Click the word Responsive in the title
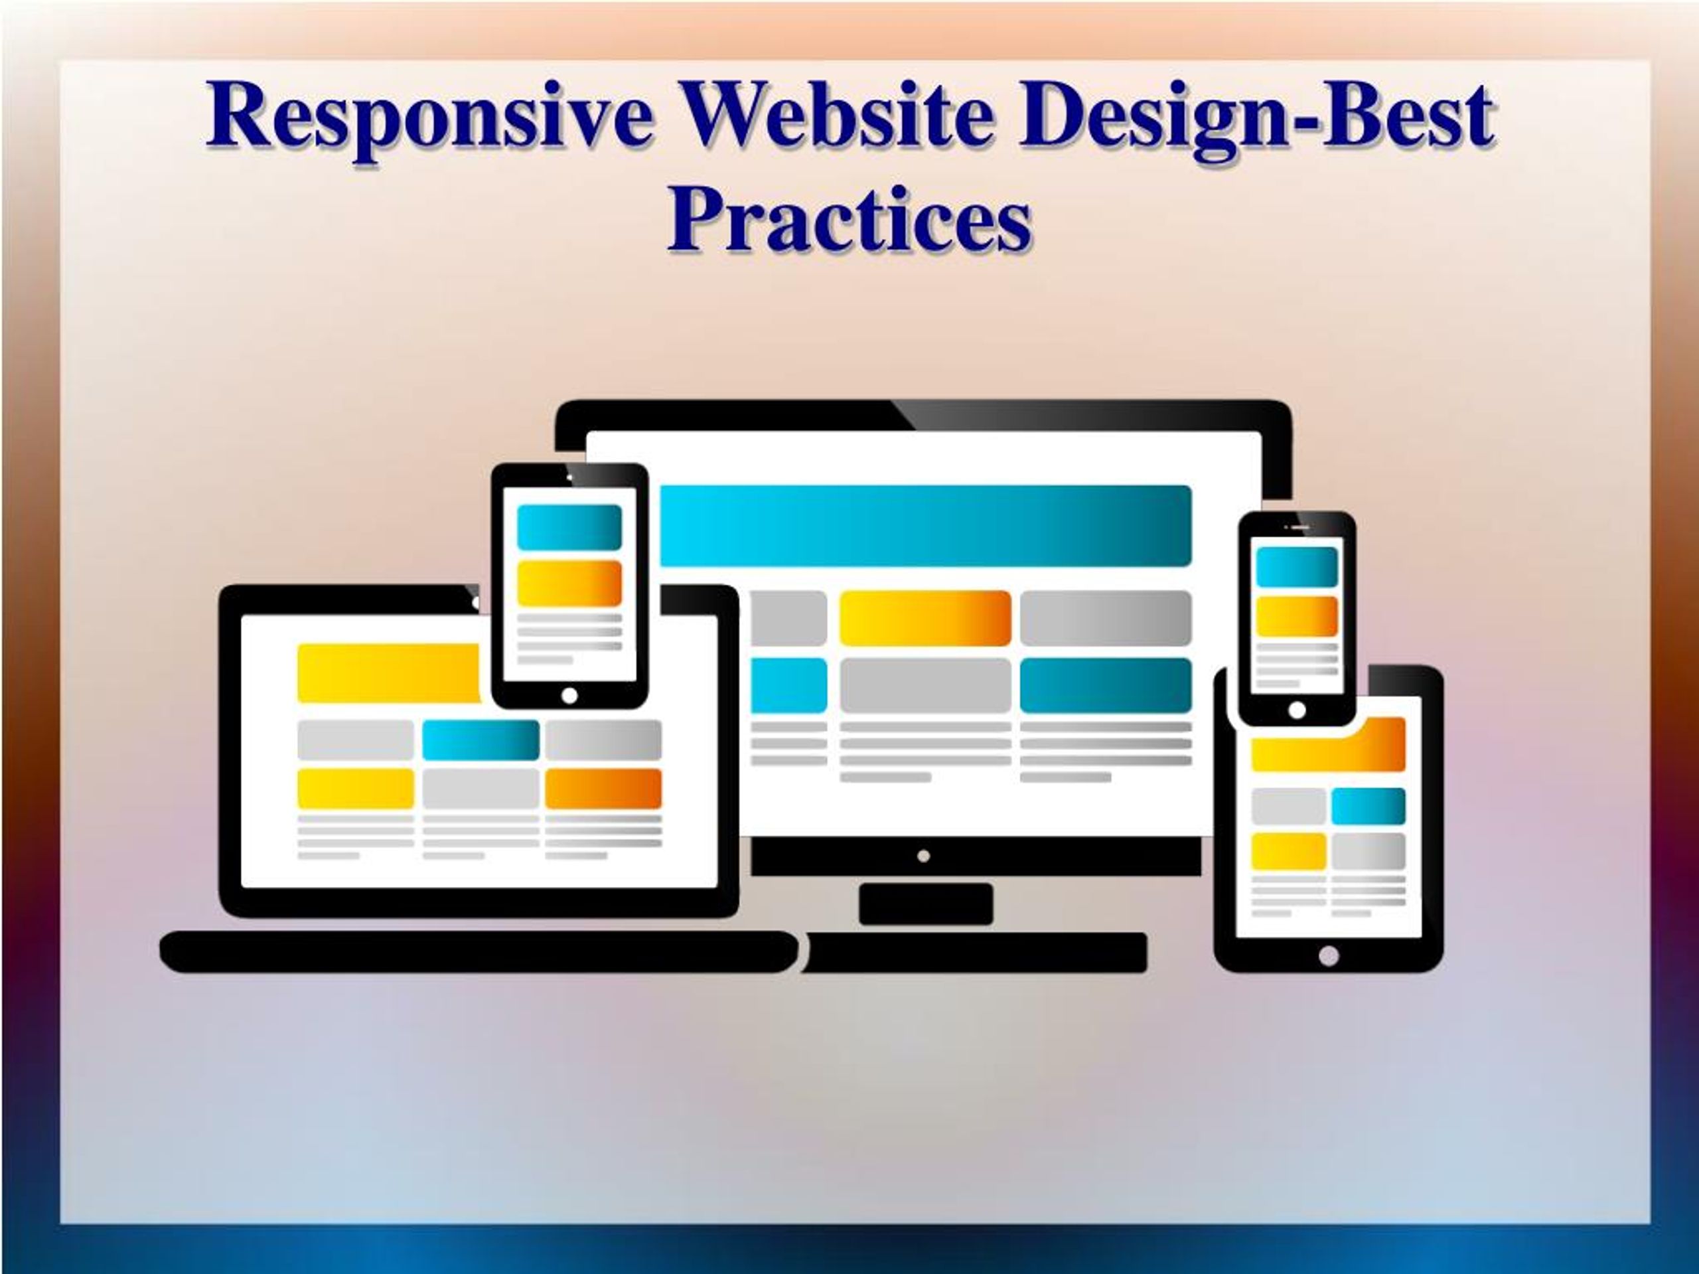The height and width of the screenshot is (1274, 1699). (430, 117)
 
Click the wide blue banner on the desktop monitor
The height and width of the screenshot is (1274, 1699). (926, 526)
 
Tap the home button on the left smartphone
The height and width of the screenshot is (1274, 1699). (569, 695)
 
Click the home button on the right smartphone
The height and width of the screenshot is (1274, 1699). (1297, 710)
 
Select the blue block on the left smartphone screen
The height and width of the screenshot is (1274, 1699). (569, 527)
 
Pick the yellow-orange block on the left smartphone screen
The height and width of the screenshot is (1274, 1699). (569, 583)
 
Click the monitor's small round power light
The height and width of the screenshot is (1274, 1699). (924, 856)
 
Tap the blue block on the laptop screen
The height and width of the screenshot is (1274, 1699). (480, 739)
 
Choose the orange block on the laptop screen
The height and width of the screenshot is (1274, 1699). (603, 789)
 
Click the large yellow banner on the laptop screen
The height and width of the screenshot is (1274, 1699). (388, 673)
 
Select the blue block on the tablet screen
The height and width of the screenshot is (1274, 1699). (1368, 806)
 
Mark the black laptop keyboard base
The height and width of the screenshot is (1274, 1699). (478, 952)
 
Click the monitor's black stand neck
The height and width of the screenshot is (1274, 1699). (926, 904)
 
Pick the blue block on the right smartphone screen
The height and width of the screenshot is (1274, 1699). (1297, 567)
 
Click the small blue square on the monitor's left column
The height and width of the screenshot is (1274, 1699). (789, 684)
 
